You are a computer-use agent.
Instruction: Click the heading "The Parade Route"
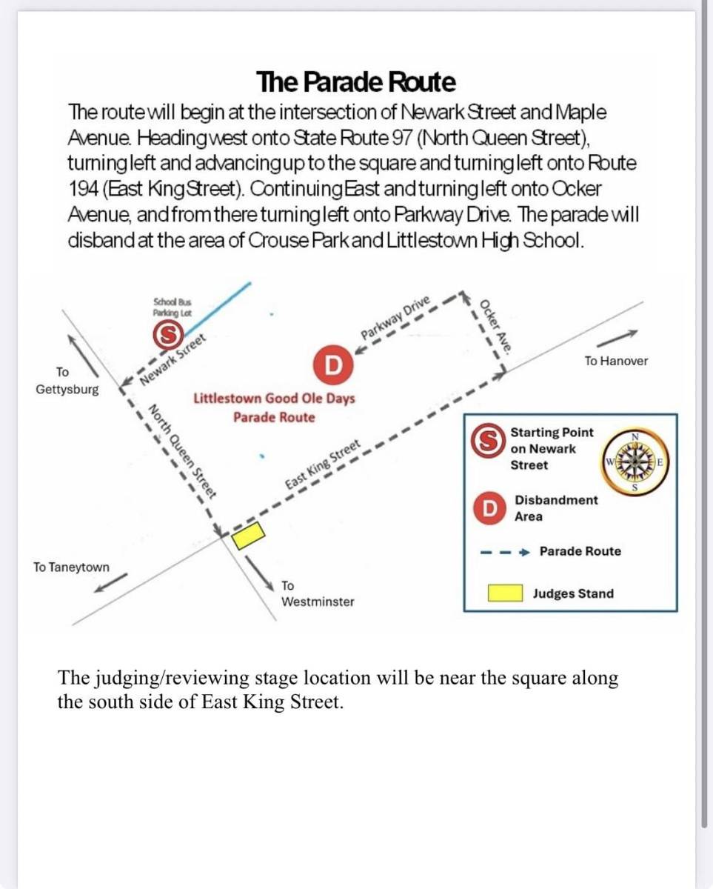[356, 81]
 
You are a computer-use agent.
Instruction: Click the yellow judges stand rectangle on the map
[250, 535]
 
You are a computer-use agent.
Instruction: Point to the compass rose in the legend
[635, 462]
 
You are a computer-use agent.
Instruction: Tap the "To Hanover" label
[615, 362]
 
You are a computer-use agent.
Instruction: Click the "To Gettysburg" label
[67, 380]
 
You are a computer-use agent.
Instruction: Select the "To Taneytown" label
[71, 567]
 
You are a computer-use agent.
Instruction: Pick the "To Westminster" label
[318, 594]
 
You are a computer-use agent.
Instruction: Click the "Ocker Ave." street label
[492, 327]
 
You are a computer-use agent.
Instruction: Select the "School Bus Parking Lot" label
[173, 307]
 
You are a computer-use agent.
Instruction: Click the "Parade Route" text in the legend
[580, 551]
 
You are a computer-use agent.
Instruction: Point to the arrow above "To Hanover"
[613, 339]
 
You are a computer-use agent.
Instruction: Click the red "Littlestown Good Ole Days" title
[274, 399]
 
